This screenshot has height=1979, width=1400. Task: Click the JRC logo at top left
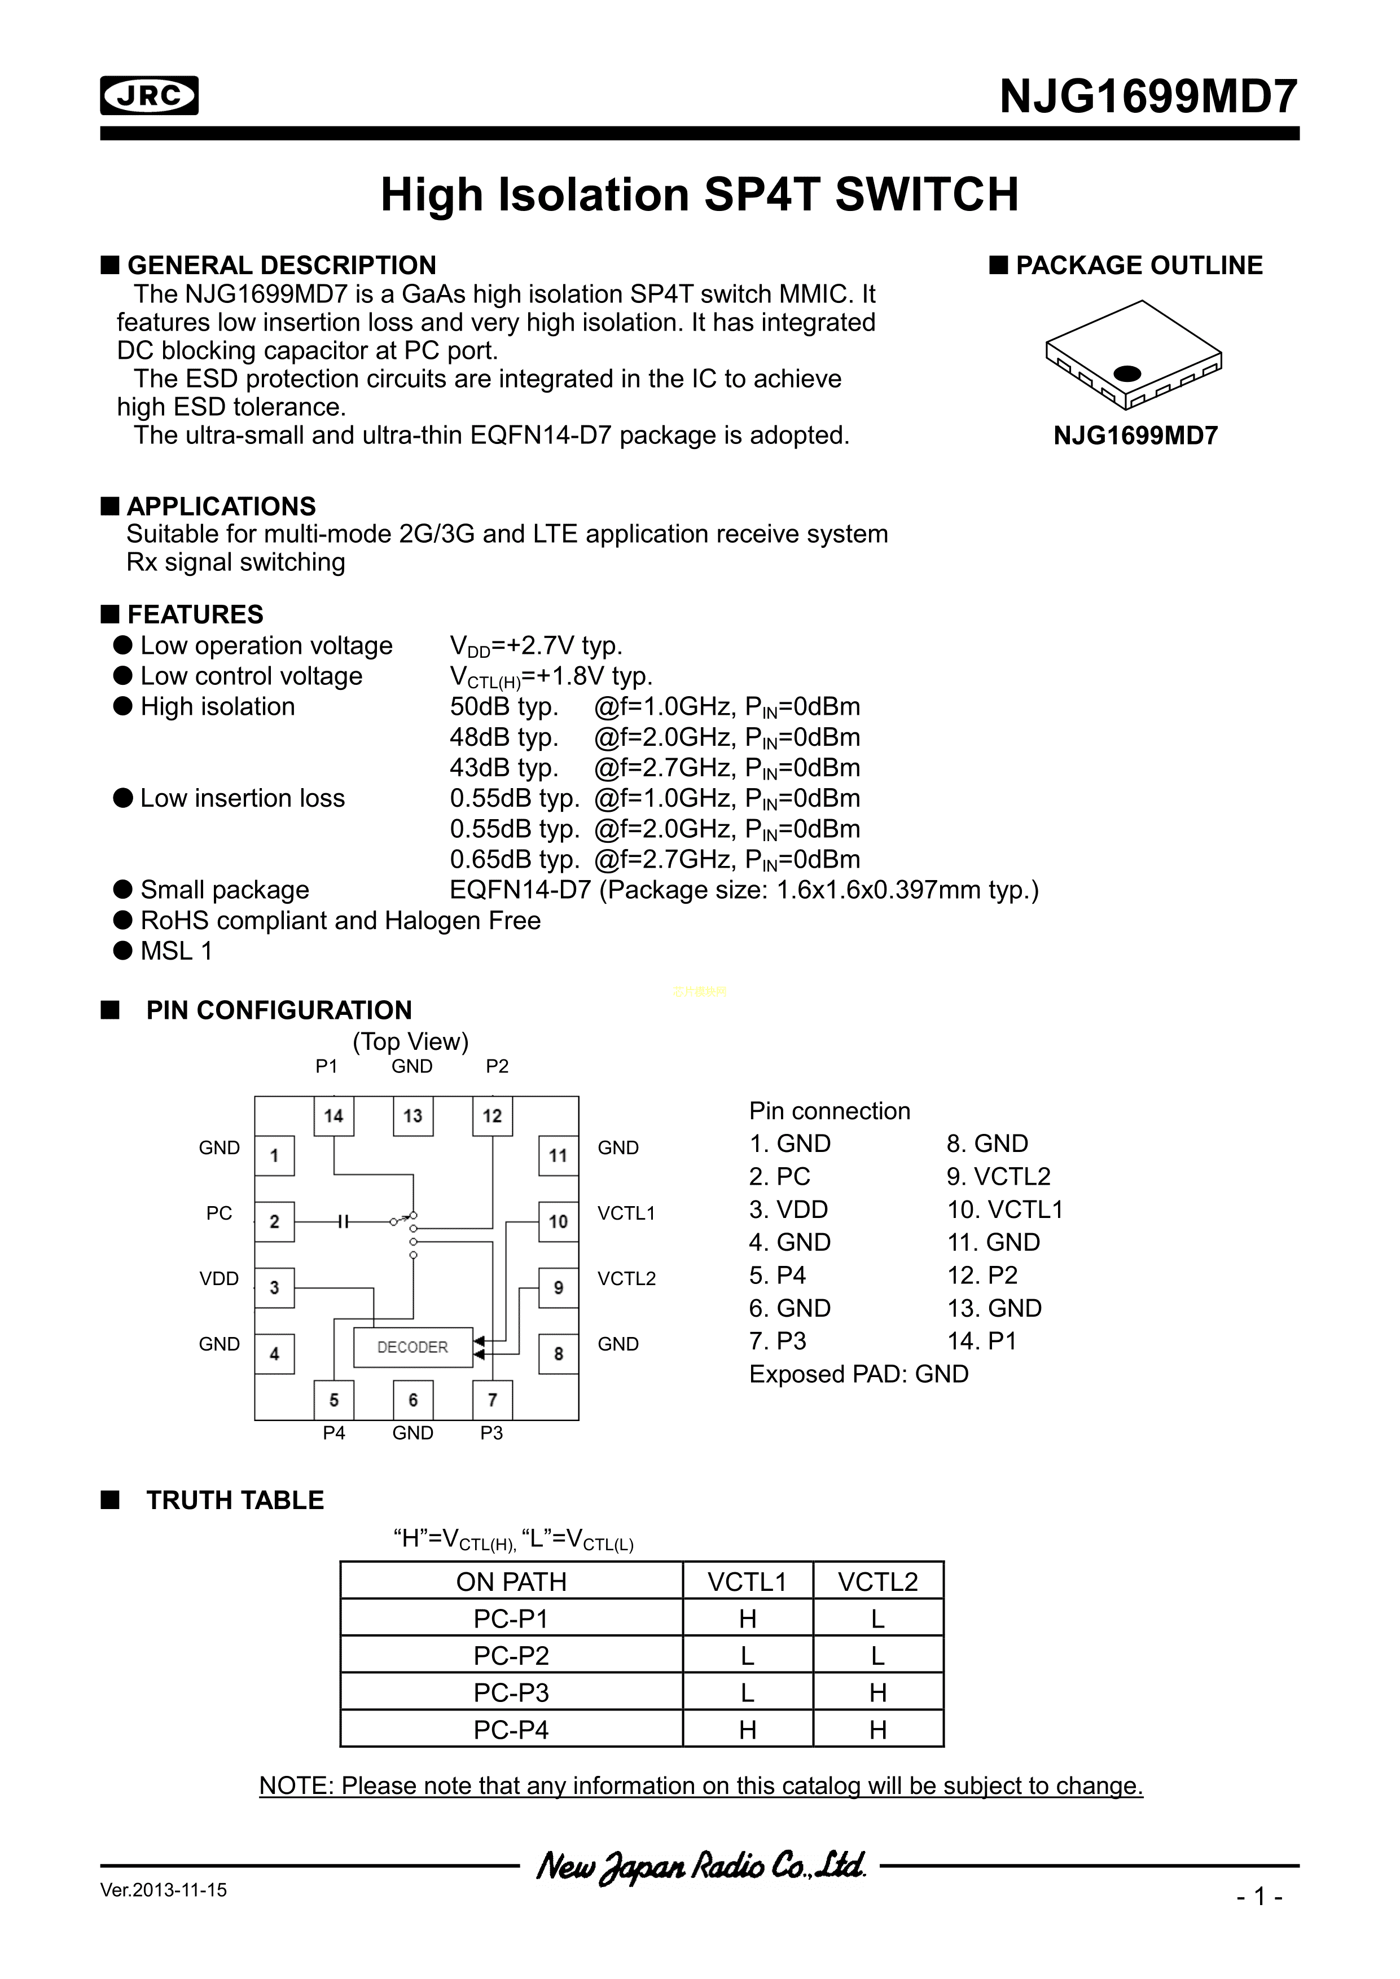click(149, 96)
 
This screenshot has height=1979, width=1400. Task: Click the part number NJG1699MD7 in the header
click(1148, 96)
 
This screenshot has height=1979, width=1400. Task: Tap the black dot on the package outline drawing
click(1127, 373)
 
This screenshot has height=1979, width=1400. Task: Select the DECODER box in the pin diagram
click(413, 1347)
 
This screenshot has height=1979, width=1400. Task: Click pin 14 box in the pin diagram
click(333, 1116)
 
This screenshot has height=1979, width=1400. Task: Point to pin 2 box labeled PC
click(275, 1221)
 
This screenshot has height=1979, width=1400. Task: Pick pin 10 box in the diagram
click(558, 1221)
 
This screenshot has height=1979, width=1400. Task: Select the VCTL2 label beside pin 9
click(627, 1279)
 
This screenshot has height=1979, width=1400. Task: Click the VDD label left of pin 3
click(219, 1279)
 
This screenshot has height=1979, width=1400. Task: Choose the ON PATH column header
click(511, 1582)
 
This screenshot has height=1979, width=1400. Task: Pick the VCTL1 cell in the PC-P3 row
click(748, 1693)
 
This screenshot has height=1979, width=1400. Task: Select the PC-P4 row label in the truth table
click(511, 1730)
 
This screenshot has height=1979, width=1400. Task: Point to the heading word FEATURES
click(196, 614)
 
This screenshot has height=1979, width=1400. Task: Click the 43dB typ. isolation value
click(504, 768)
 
